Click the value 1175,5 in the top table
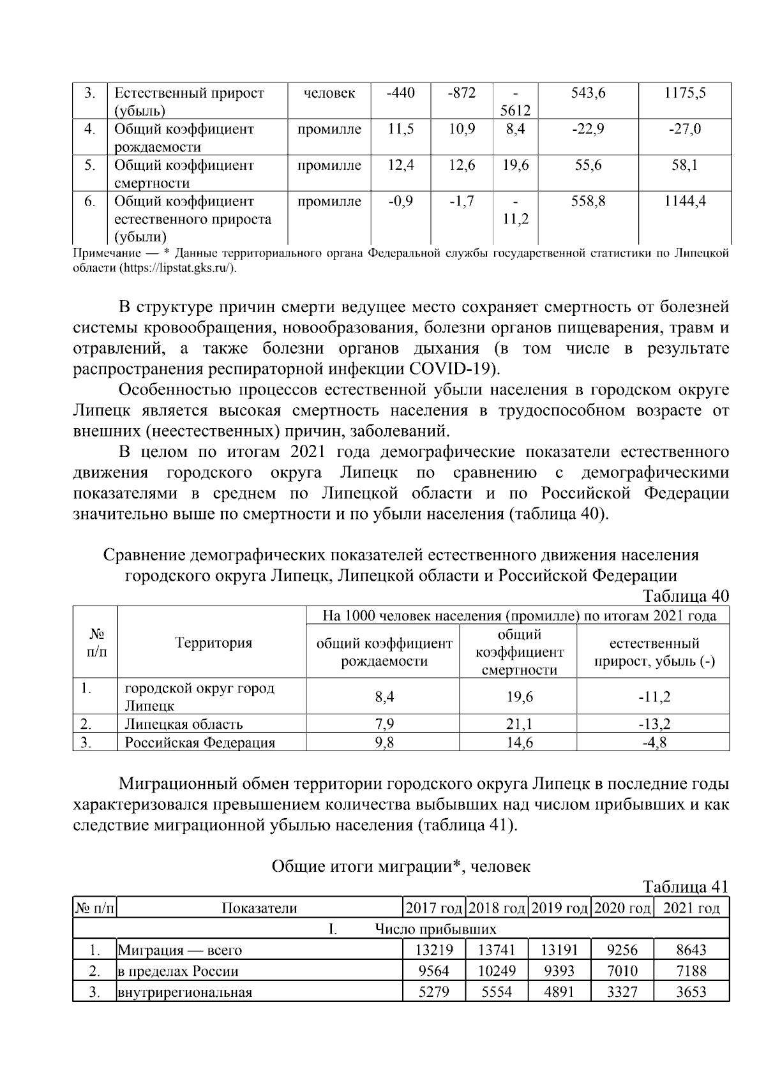(684, 93)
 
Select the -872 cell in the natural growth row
(462, 93)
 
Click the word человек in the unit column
(329, 93)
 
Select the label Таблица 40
(685, 596)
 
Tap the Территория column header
(213, 643)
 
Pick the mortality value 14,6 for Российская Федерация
(520, 742)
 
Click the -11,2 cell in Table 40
(654, 696)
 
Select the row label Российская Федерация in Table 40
(200, 743)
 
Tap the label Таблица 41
(685, 888)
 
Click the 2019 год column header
(559, 908)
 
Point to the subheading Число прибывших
(435, 929)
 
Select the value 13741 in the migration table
(497, 950)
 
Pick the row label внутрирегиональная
(184, 992)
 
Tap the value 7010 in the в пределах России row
(622, 971)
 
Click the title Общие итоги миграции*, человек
(401, 867)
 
